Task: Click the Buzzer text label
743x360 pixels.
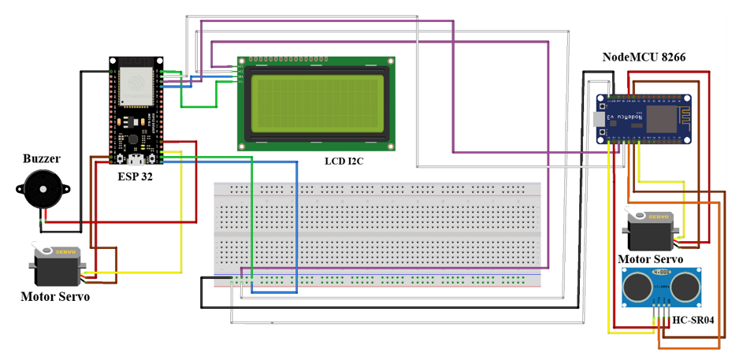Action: point(41,158)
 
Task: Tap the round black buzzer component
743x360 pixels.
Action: point(40,190)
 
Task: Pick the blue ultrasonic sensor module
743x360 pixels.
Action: point(659,288)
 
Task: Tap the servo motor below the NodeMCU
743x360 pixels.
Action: point(650,228)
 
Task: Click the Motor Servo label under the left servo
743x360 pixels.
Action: point(55,297)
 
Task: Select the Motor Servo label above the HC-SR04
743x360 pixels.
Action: point(650,258)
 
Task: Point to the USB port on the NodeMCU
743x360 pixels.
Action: point(603,118)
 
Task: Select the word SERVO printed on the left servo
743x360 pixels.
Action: point(65,251)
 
